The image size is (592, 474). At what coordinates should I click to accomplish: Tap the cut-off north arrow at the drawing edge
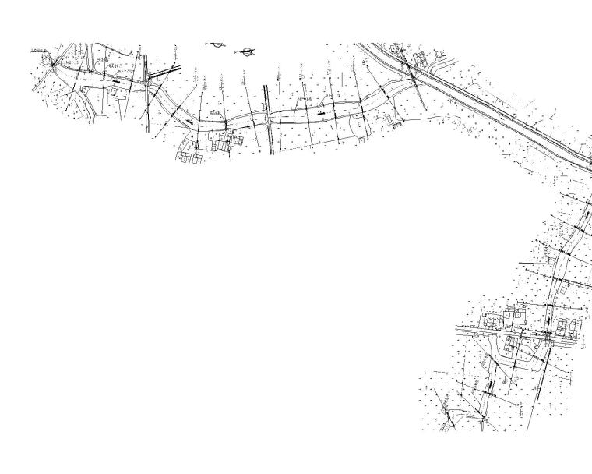(216, 44)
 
